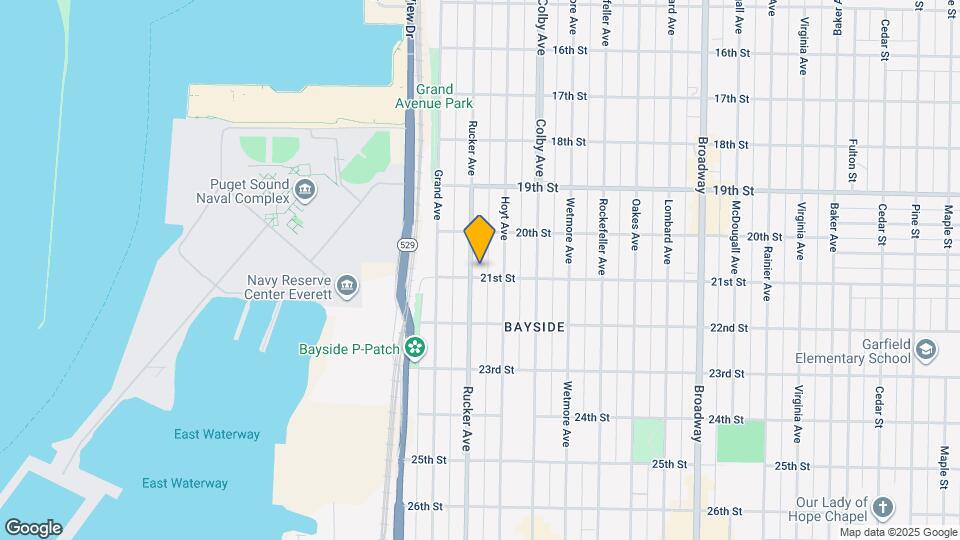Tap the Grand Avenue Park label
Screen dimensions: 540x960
click(x=445, y=96)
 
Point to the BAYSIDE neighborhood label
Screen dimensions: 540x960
click(x=534, y=328)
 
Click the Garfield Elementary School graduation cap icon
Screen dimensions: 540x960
click(x=927, y=349)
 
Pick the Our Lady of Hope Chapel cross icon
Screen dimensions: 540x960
click(x=883, y=507)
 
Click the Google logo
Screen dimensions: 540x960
click(x=33, y=528)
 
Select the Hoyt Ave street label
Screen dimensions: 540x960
click(x=505, y=217)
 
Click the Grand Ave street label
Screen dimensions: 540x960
click(x=437, y=194)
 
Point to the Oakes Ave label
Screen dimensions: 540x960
click(x=635, y=224)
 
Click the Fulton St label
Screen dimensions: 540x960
click(x=852, y=161)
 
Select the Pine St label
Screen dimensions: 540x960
click(x=915, y=220)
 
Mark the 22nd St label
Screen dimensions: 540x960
click(x=728, y=328)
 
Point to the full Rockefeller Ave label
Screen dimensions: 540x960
click(x=602, y=237)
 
